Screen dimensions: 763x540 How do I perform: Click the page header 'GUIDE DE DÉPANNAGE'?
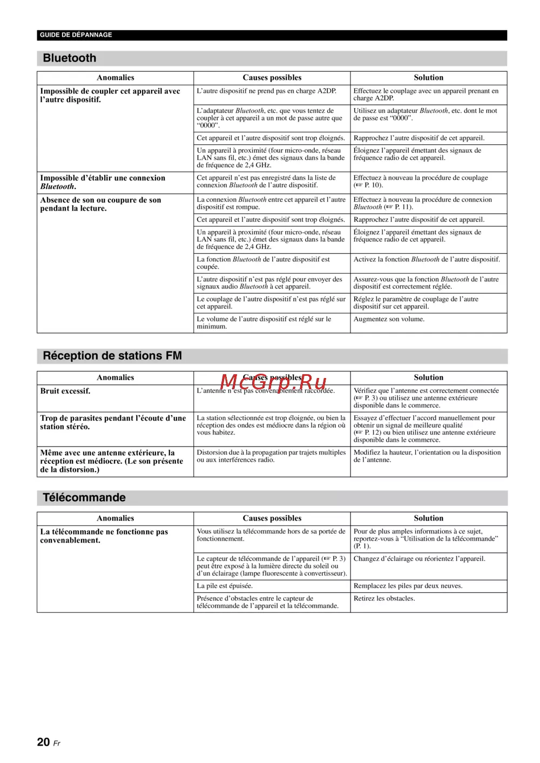coord(76,35)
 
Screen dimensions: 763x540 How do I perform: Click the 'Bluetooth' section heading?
coord(70,58)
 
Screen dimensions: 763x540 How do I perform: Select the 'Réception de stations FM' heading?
coord(112,356)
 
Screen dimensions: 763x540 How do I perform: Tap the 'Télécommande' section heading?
coord(84,498)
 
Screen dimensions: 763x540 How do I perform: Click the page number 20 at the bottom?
coord(43,742)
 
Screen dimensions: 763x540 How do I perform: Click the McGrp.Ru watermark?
coord(273,382)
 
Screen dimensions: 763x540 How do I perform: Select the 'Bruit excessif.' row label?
coord(65,391)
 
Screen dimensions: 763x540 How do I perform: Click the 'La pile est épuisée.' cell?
coord(225,586)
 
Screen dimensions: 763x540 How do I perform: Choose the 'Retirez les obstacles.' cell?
coord(384,598)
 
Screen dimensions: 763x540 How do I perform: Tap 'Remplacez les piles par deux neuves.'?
coord(408,586)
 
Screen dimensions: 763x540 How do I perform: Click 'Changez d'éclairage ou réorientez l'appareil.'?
coord(419,559)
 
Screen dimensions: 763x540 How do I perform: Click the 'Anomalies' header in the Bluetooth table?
coord(116,78)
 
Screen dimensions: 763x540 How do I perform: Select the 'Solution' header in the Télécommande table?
coord(428,518)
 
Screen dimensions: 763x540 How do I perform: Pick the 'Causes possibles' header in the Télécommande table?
coord(272,518)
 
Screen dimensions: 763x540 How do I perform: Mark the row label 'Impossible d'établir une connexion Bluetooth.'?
coord(103,183)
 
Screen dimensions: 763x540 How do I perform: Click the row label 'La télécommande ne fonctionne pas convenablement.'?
coord(104,536)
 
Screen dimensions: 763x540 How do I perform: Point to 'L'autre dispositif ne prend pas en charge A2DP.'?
coord(266,91)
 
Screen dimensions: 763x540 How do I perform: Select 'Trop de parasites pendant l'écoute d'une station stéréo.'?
coord(113,422)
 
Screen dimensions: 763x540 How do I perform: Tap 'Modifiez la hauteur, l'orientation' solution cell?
coord(427,456)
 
